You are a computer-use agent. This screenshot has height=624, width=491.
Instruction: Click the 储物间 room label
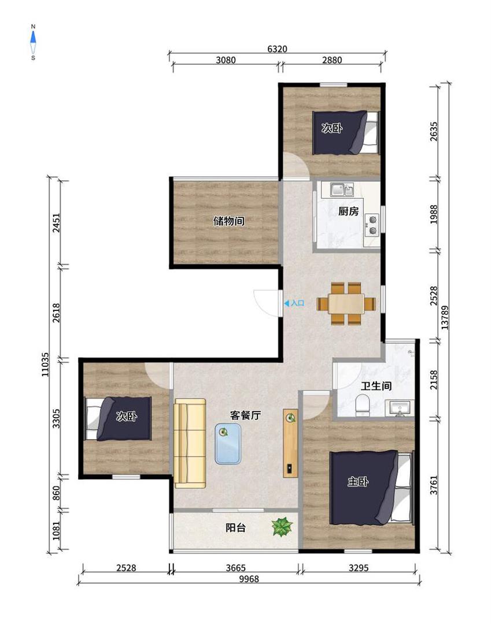point(228,221)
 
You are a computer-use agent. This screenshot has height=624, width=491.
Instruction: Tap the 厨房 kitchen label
point(348,211)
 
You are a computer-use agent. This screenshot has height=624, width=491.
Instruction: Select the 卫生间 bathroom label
point(376,385)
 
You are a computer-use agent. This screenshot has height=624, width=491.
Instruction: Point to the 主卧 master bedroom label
point(357,481)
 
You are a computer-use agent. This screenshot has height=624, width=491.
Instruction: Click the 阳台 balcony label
point(236,528)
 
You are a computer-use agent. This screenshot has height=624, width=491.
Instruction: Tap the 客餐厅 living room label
point(246,415)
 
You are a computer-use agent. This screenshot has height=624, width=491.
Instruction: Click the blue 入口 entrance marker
point(294,303)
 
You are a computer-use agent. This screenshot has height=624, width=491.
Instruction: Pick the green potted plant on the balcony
point(282,526)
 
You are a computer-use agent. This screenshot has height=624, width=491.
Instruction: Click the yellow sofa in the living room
point(190,443)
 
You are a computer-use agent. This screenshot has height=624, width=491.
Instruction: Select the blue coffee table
point(228,443)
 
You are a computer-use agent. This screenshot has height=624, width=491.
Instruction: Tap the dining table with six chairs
point(346,304)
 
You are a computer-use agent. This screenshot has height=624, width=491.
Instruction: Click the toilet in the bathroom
point(363,405)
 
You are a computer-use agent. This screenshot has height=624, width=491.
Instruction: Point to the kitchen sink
point(342,190)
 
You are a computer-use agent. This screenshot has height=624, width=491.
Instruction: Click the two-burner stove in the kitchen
point(373,225)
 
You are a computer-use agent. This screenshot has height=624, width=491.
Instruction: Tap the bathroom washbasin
point(400,408)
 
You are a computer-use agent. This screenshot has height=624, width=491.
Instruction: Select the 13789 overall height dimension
point(445,317)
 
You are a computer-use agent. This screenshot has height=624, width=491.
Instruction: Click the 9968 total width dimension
point(249,578)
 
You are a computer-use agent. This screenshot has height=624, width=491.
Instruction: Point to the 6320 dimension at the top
point(277,49)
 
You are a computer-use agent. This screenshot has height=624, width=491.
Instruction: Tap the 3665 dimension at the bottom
point(236,568)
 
